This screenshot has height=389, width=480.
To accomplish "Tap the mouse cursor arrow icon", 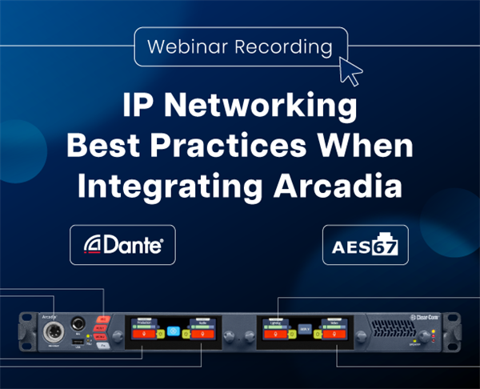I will tap(350, 70).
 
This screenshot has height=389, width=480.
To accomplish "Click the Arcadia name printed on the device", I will tap(49, 315).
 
